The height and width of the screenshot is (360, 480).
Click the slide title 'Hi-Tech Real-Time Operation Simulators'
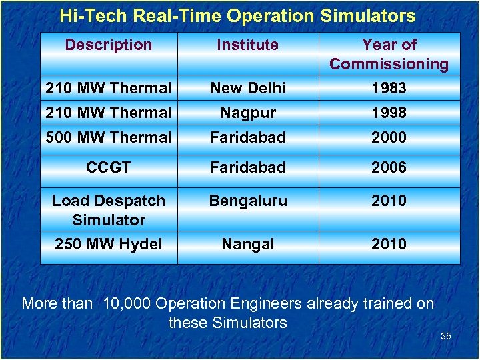237,16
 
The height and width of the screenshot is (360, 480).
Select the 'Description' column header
109,45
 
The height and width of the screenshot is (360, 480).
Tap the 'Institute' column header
247,45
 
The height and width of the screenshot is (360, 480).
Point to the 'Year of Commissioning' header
389,55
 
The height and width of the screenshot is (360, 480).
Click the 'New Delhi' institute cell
247,88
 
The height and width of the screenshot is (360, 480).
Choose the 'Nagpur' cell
247,113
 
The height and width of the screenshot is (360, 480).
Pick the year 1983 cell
389,88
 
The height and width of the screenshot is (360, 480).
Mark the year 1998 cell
389,113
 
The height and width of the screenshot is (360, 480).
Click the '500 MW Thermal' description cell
109,138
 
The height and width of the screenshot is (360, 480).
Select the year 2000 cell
389,138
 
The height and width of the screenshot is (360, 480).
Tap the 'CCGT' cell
109,168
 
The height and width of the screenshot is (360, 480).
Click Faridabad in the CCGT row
247,168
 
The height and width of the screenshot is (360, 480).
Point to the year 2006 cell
389,168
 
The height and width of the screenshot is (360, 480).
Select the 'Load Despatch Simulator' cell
109,210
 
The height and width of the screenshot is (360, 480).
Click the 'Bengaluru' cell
247,201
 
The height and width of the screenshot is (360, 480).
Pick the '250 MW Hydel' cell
109,245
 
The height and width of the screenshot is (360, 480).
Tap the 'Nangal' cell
247,245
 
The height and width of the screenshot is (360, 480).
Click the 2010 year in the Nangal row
389,245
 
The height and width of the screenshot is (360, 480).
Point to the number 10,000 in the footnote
127,304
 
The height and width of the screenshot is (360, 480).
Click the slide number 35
446,337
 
